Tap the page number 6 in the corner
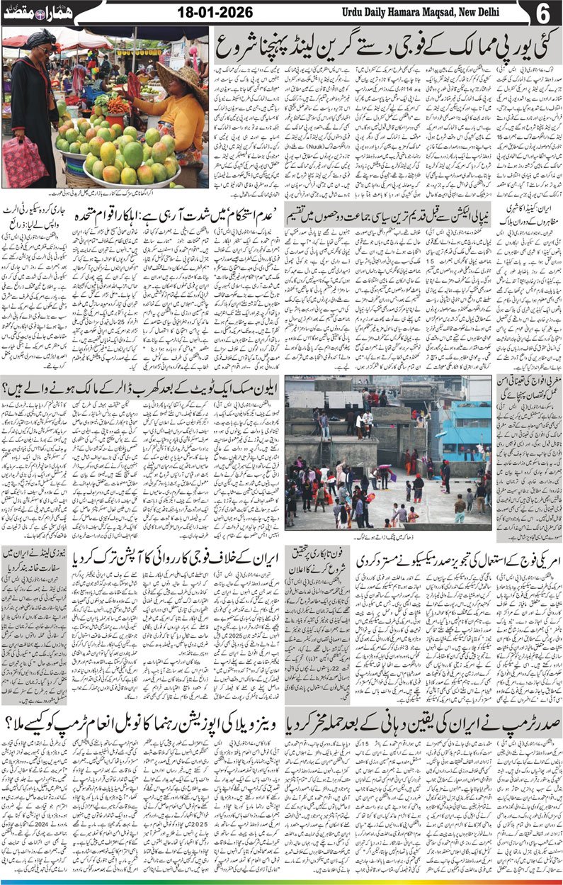(549, 13)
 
